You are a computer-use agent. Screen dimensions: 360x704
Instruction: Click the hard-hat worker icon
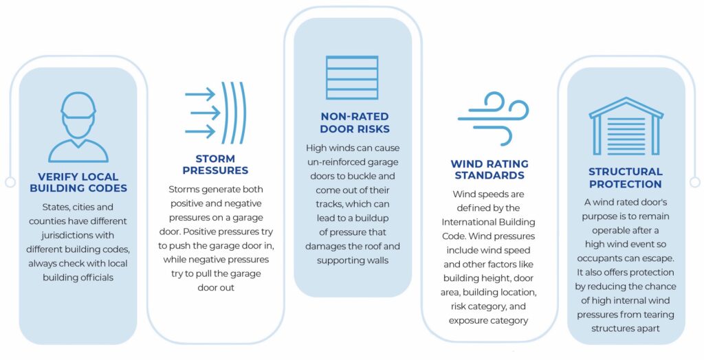[x=78, y=127]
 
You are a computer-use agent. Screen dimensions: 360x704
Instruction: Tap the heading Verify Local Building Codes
[x=78, y=182]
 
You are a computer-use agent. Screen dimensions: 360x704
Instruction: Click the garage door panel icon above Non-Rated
[x=352, y=78]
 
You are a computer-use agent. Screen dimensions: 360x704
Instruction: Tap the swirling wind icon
[x=489, y=119]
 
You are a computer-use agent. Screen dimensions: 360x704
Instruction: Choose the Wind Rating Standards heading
[x=489, y=169]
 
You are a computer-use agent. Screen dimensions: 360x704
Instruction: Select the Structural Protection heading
[x=626, y=177]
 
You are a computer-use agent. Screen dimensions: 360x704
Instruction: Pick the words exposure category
[x=489, y=320]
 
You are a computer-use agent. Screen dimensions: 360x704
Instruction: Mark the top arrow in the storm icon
[x=200, y=95]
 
